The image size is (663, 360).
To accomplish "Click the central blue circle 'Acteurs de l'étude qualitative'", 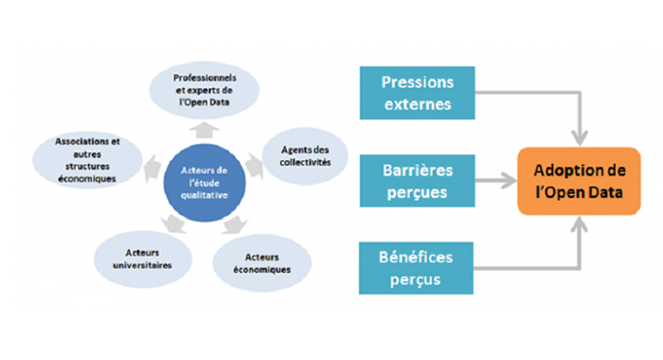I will click(x=205, y=176).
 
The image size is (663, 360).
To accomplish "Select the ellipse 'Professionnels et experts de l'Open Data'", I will click(x=205, y=88).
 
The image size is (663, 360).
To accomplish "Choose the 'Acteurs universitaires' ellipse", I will click(x=141, y=261).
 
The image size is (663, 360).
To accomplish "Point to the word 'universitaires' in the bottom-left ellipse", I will click(x=141, y=267).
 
